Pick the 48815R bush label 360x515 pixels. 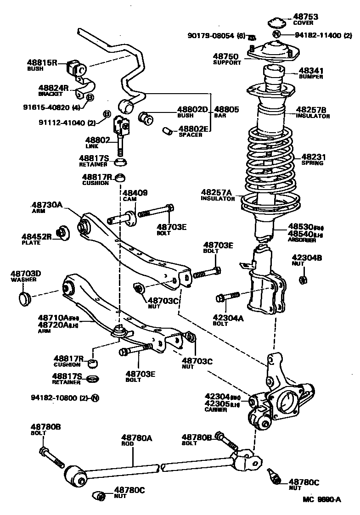(41, 63)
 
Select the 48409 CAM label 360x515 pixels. (135, 193)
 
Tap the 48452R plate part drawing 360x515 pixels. (62, 233)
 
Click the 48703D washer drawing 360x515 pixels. (25, 297)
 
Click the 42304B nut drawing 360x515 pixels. (303, 280)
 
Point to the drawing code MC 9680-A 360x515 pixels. (321, 500)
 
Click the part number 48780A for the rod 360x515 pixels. (136, 438)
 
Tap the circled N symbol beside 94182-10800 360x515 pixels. (95, 397)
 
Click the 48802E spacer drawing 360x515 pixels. (169, 132)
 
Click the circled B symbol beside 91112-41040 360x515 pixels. (106, 114)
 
